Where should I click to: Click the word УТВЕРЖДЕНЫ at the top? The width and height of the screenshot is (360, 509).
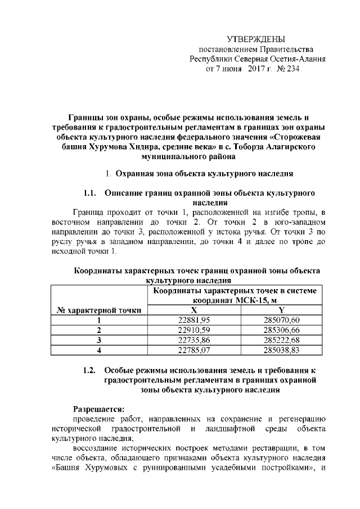click(256, 39)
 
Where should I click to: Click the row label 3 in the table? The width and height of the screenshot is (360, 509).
click(99, 340)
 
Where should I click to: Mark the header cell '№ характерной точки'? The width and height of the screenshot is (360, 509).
click(99, 310)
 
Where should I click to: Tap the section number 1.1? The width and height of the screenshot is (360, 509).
click(89, 193)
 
